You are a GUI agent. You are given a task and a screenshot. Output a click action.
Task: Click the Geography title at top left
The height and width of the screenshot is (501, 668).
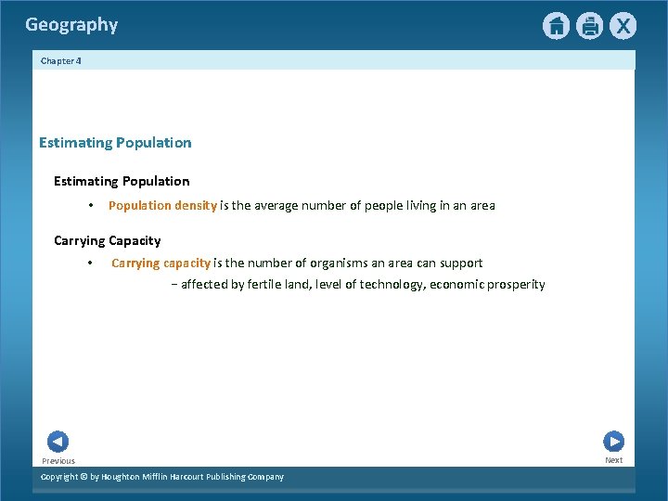point(71,25)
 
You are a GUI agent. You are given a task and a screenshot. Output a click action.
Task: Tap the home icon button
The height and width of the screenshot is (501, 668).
point(556,26)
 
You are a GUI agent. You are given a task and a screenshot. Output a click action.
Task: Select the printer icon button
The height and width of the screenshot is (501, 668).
point(589,26)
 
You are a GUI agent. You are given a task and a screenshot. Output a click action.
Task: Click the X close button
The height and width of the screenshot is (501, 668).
point(623,26)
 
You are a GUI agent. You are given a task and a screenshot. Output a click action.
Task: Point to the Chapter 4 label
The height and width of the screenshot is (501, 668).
point(61,60)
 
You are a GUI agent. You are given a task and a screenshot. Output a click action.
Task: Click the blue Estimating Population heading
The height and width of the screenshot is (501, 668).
point(115,143)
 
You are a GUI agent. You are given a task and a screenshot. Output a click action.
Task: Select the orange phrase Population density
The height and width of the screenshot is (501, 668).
point(162,205)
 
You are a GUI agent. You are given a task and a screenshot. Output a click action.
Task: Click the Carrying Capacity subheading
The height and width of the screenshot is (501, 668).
point(107,240)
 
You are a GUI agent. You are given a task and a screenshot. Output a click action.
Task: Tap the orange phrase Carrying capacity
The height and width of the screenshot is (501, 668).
point(161,263)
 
